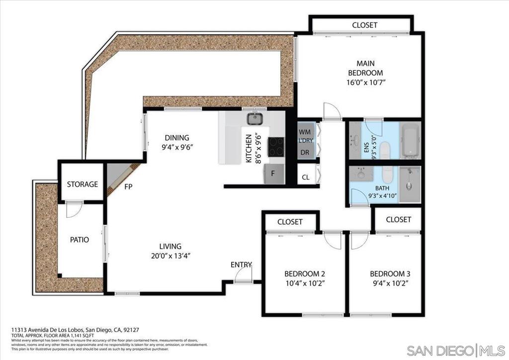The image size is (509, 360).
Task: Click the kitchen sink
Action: (x=255, y=119)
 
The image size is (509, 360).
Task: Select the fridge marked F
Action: (x=273, y=174)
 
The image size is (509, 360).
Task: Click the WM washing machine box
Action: (x=305, y=132)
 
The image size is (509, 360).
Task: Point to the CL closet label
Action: (x=306, y=177)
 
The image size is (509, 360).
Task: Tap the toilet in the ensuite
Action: (x=386, y=149)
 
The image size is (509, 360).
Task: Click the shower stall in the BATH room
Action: (x=410, y=184)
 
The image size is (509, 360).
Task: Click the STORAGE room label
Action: (x=83, y=184)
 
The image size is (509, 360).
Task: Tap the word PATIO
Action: (x=80, y=240)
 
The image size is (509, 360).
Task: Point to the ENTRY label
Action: (x=241, y=265)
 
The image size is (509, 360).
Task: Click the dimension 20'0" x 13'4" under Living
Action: (x=170, y=256)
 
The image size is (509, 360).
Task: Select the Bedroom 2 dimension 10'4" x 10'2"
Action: (x=305, y=283)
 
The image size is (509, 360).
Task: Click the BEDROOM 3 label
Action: (x=390, y=274)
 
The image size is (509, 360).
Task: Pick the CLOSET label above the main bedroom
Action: (x=364, y=25)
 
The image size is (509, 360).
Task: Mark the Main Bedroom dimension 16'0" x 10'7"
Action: (x=365, y=83)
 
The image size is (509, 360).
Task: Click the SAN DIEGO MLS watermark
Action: (x=456, y=350)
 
